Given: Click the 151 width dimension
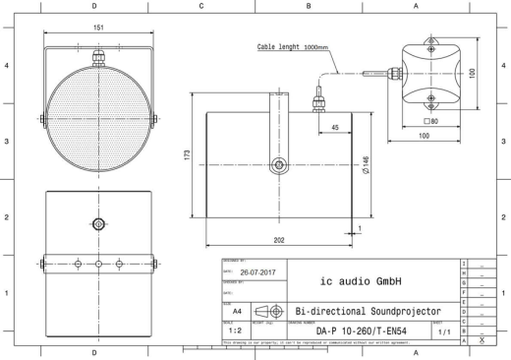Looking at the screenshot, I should point(98,29).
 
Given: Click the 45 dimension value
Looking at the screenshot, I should point(335,128).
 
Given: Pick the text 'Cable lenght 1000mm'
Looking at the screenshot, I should point(292,46).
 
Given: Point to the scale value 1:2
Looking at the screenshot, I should point(234,330).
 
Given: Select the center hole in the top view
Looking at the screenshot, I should point(97,222).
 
